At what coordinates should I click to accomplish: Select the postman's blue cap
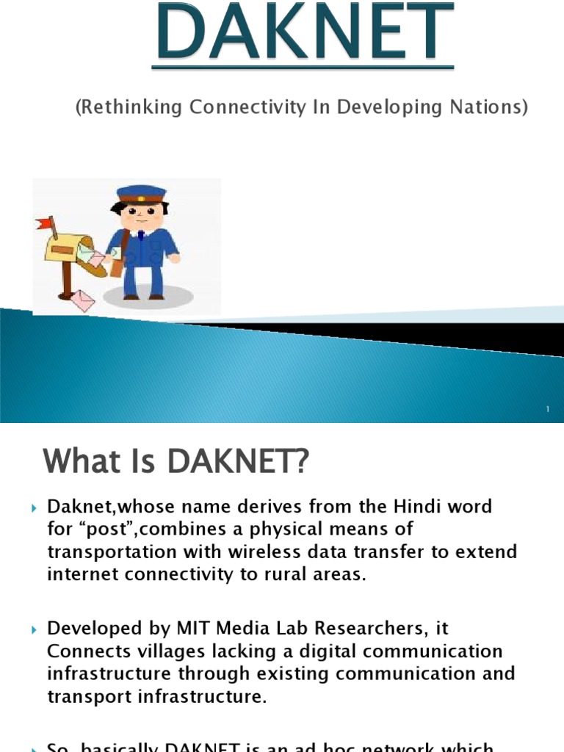pyautogui.click(x=141, y=194)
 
